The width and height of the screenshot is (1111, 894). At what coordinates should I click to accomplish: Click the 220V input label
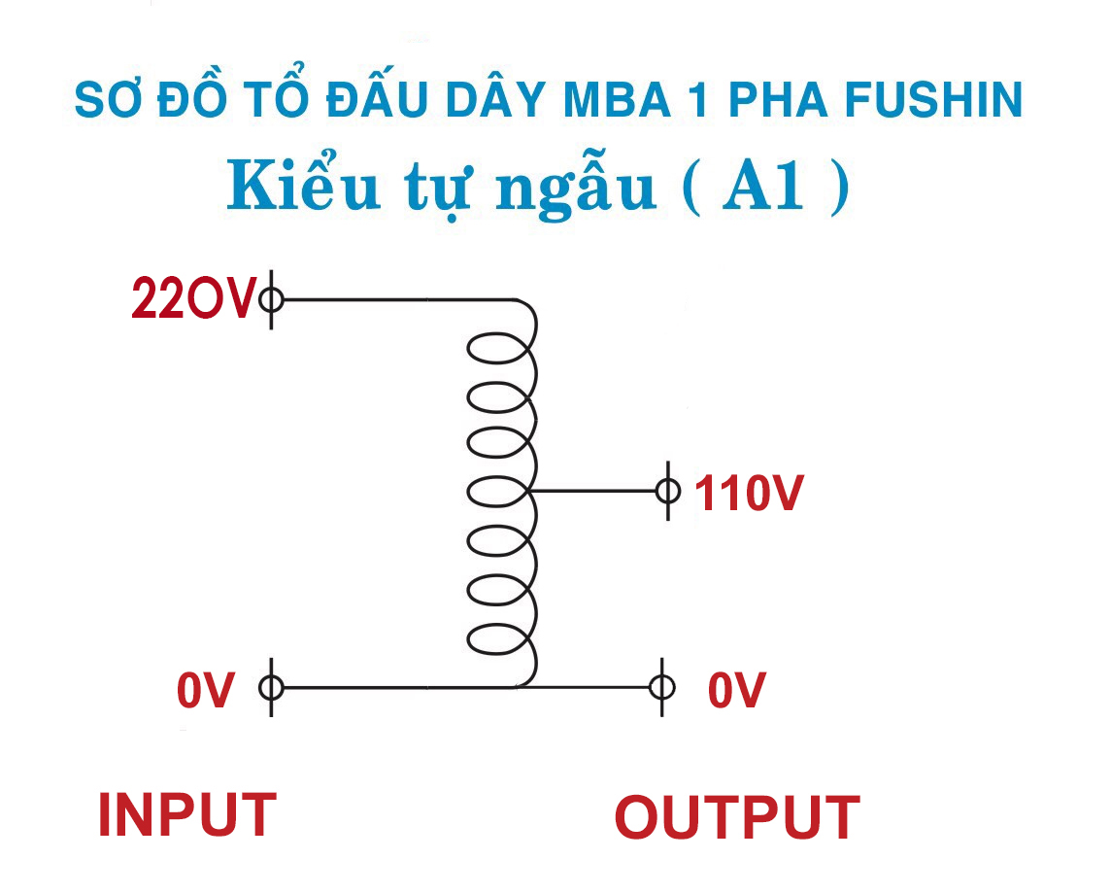[x=193, y=299]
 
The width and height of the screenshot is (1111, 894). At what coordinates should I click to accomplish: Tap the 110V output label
[x=748, y=495]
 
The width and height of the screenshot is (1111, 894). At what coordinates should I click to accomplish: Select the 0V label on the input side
[x=206, y=691]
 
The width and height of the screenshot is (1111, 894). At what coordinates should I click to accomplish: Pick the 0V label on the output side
[x=736, y=691]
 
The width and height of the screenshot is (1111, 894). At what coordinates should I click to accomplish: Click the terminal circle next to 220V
[x=271, y=299]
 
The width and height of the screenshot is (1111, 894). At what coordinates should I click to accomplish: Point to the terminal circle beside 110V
[x=667, y=491]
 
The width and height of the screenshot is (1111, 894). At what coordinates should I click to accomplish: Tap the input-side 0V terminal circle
[x=271, y=688]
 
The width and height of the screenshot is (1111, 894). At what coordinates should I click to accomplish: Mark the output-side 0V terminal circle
[x=662, y=688]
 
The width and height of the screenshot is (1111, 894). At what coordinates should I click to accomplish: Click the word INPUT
[x=186, y=815]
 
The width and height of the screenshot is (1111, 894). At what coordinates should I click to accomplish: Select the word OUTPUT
[x=737, y=817]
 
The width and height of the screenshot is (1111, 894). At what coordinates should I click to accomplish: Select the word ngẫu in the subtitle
[x=575, y=187]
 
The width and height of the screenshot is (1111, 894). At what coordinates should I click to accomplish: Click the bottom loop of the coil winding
[x=500, y=640]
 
